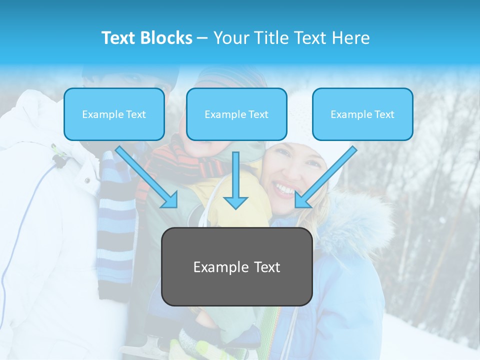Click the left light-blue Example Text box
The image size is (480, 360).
pyautogui.click(x=114, y=114)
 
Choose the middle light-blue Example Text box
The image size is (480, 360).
pyautogui.click(x=236, y=114)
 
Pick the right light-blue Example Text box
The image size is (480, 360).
pyautogui.click(x=362, y=114)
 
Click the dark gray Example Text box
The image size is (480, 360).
pyautogui.click(x=237, y=266)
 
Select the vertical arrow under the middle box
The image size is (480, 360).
pyautogui.click(x=236, y=180)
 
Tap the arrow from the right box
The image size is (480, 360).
pyautogui.click(x=325, y=177)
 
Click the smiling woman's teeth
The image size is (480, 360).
pyautogui.click(x=284, y=189)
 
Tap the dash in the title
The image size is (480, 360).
pyautogui.click(x=202, y=38)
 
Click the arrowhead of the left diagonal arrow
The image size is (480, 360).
pyautogui.click(x=170, y=199)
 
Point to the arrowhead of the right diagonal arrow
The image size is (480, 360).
pyautogui.click(x=302, y=199)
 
